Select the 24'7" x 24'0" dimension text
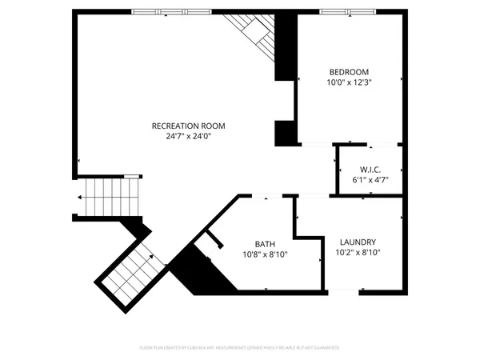189,136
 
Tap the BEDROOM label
349,71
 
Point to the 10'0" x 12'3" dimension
349,82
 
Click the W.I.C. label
370,170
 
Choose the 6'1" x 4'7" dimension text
370,180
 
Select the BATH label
265,244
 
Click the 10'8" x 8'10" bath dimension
265,254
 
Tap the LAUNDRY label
358,242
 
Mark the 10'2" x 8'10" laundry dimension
358,252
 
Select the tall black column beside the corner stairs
286,46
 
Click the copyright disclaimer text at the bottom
240,348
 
